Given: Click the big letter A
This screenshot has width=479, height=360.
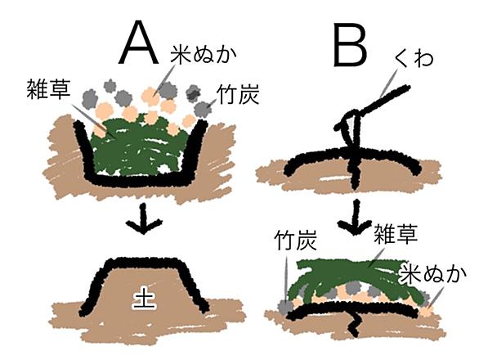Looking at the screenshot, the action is pyautogui.click(x=139, y=43).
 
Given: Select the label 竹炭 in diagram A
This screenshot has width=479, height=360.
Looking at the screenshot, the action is pyautogui.click(x=238, y=94).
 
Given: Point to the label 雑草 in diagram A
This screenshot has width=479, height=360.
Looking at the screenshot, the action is pyautogui.click(x=48, y=88).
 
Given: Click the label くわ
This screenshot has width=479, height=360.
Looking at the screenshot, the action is pyautogui.click(x=414, y=57).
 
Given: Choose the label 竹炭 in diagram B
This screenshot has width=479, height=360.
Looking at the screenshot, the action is pyautogui.click(x=295, y=239).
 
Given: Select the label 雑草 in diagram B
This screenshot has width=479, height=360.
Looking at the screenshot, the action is pyautogui.click(x=396, y=233).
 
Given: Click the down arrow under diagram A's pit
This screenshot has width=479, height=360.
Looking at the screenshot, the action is pyautogui.click(x=143, y=219).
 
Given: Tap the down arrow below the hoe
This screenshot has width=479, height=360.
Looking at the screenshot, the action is pyautogui.click(x=356, y=217).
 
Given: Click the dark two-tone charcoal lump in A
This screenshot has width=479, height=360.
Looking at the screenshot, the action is pyautogui.click(x=193, y=92).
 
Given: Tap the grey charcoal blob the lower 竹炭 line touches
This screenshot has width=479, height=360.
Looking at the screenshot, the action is pyautogui.click(x=286, y=308).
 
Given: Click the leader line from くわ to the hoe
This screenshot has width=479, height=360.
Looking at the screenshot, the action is pyautogui.click(x=389, y=83).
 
